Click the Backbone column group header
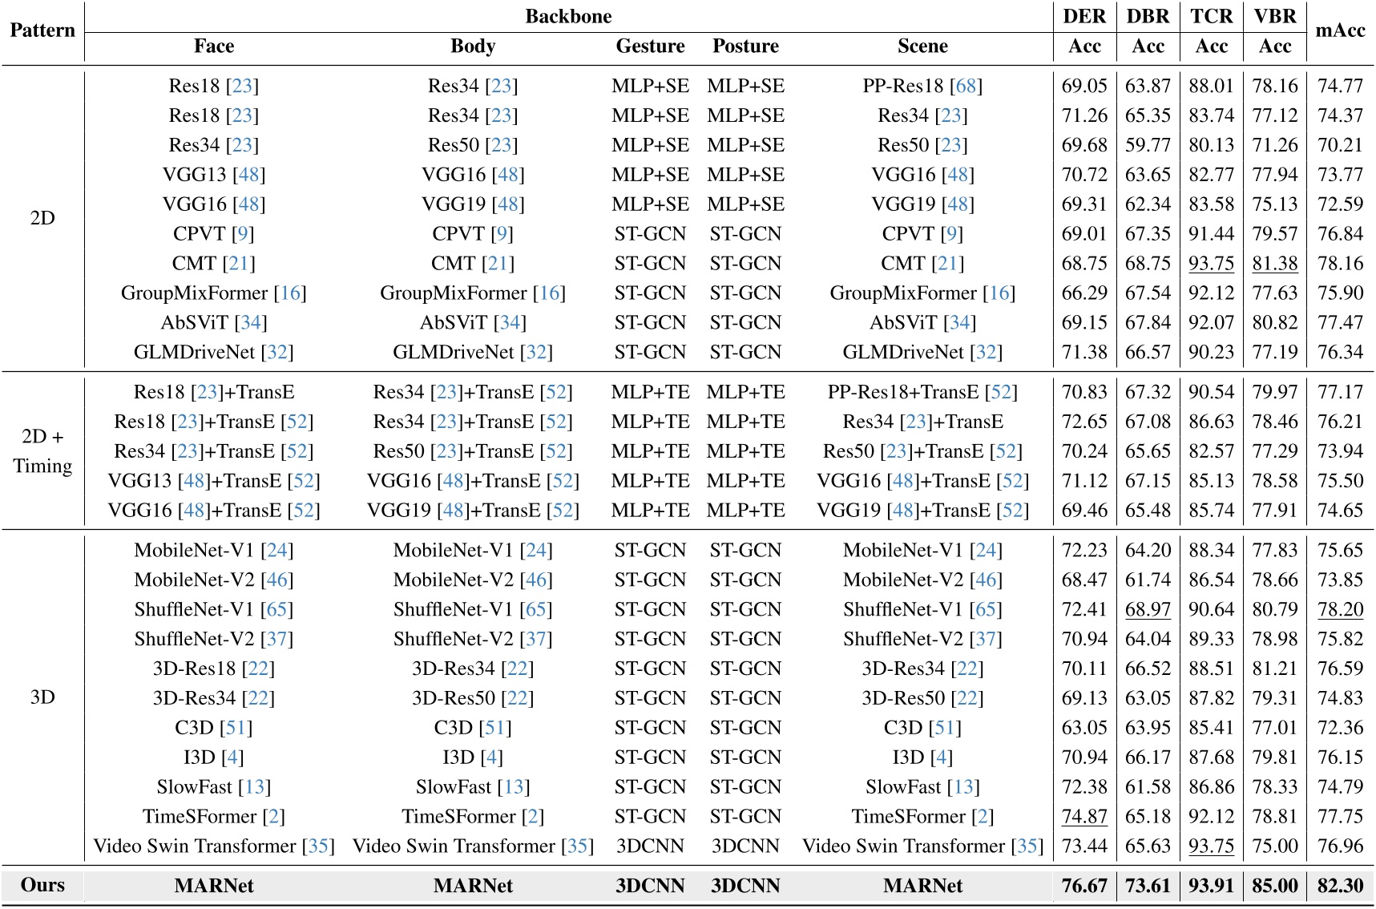tap(568, 16)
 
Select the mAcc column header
tap(1340, 30)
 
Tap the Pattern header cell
tap(42, 30)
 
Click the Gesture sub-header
tap(650, 46)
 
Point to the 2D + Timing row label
tap(42, 451)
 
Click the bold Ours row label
tap(42, 885)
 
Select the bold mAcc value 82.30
tap(1340, 886)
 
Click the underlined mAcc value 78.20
tap(1340, 609)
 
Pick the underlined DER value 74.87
tap(1084, 817)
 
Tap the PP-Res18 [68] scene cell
tap(922, 86)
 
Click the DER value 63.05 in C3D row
tap(1084, 728)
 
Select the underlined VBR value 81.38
tap(1274, 264)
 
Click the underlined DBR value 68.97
tap(1148, 609)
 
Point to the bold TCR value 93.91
tap(1211, 886)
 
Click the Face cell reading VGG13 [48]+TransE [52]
tap(214, 481)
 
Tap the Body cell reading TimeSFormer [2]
tap(473, 817)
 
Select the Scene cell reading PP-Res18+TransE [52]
tap(922, 392)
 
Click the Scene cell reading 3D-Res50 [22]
tap(922, 698)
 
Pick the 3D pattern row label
tap(42, 697)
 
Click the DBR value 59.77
tap(1148, 145)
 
